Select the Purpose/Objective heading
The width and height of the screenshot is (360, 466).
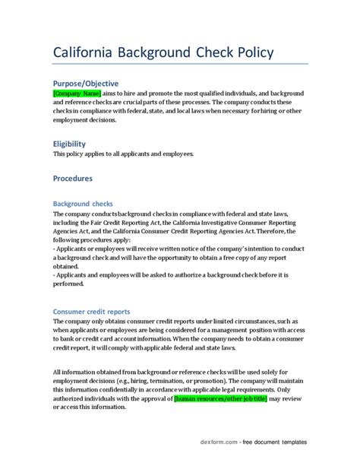[x=86, y=83]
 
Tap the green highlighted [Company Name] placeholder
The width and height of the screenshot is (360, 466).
[x=77, y=93]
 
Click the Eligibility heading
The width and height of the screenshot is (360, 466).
[x=69, y=144]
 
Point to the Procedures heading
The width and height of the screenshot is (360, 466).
[x=73, y=179]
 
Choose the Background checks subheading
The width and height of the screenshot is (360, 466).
[x=83, y=204]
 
